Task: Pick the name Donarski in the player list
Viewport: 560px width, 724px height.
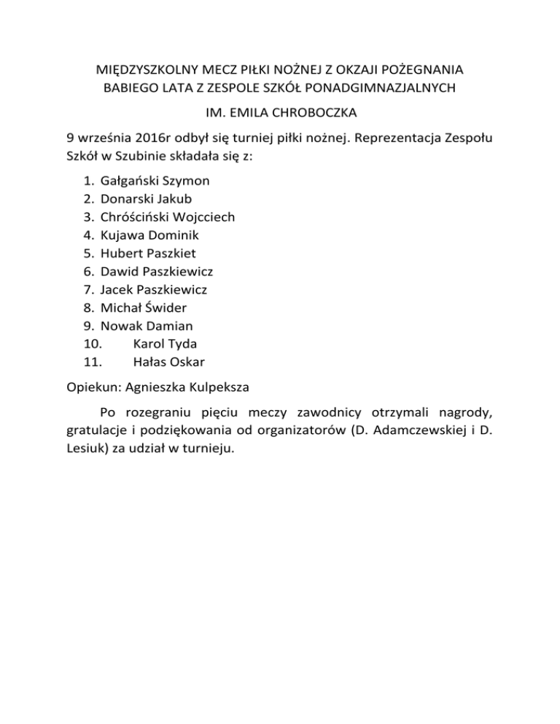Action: coord(127,198)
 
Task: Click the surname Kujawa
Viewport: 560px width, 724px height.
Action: coord(122,235)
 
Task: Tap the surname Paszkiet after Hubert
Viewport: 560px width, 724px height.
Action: coord(170,253)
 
